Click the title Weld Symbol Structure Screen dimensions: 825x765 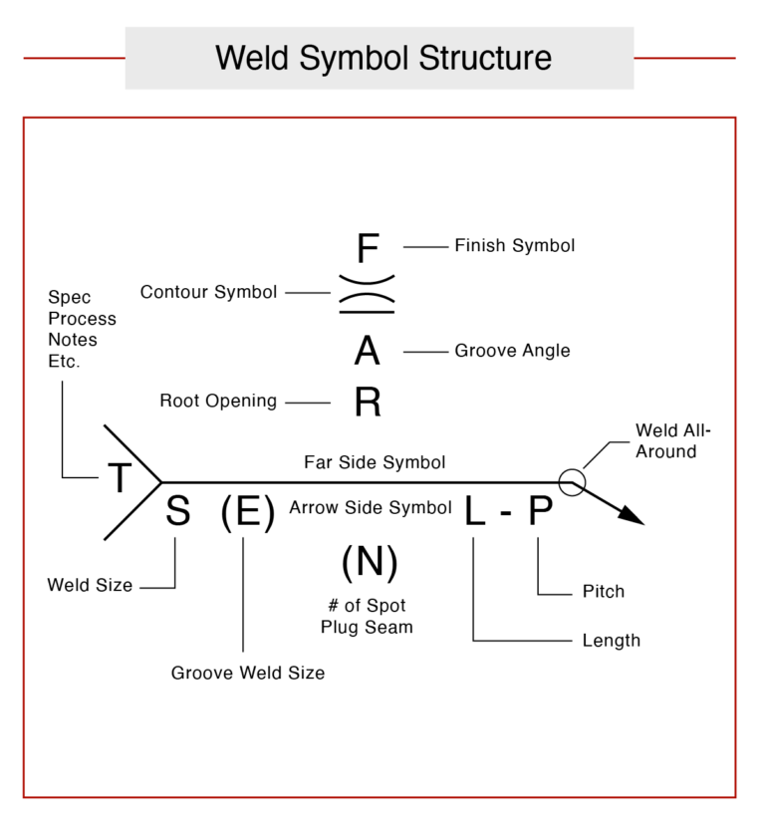[382, 58]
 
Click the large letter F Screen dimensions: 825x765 [368, 248]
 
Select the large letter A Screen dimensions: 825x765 [367, 352]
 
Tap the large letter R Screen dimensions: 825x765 [368, 403]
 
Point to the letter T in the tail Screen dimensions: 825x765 [120, 479]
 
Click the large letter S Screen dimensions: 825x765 [177, 511]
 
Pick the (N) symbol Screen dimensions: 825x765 [369, 564]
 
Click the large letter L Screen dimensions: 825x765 [474, 511]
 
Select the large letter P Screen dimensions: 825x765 [539, 511]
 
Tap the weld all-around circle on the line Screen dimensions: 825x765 [571, 482]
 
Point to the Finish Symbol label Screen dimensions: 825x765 [514, 245]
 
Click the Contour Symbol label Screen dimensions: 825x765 [208, 293]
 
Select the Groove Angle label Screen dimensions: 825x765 [512, 351]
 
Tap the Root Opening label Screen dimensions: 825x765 [218, 402]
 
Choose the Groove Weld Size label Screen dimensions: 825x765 [247, 673]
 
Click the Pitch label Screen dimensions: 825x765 [603, 592]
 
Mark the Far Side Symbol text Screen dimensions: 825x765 [374, 463]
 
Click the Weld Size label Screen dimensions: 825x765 [90, 586]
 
